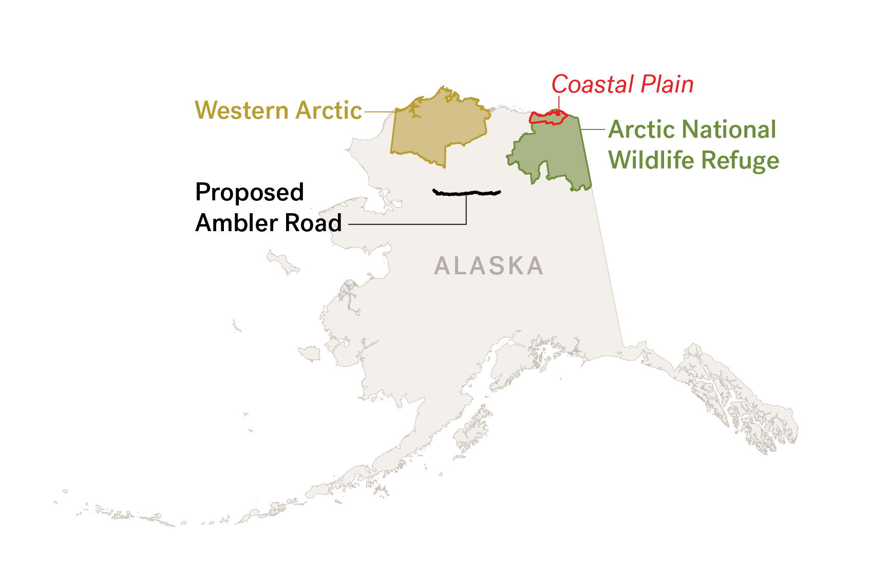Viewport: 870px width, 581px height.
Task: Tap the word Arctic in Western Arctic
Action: coord(329,110)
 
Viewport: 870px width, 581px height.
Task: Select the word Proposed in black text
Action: coord(250,193)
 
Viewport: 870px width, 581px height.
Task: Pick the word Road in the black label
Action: coord(313,222)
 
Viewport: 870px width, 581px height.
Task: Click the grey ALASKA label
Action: coord(488,266)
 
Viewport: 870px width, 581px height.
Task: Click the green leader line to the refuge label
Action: coord(594,129)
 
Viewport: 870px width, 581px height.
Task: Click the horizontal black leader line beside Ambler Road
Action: coord(406,224)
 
